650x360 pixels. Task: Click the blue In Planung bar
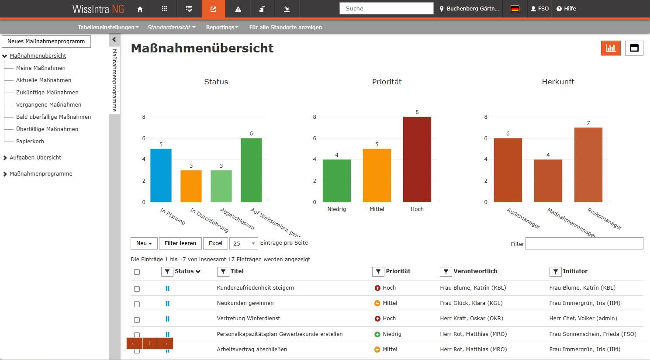(x=161, y=175)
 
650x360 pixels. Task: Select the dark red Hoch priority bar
(x=417, y=159)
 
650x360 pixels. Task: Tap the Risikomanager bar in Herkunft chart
(x=588, y=165)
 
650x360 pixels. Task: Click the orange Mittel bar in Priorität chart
(x=377, y=175)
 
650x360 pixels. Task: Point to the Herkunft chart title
(x=558, y=82)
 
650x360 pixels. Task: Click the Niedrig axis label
(x=336, y=209)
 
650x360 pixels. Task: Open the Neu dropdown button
(x=144, y=243)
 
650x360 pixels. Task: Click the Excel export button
(x=215, y=243)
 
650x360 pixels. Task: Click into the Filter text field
(x=584, y=243)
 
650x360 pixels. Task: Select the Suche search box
(x=386, y=8)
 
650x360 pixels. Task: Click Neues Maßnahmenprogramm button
(x=46, y=42)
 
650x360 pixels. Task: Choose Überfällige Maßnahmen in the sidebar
(x=47, y=129)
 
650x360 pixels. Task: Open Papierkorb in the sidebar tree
(x=30, y=142)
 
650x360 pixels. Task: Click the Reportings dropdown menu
(x=222, y=27)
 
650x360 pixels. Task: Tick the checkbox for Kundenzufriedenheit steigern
(x=137, y=289)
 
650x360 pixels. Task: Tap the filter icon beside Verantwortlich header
(x=446, y=272)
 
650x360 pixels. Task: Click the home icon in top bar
(x=140, y=9)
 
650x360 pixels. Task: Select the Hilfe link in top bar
(x=566, y=9)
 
